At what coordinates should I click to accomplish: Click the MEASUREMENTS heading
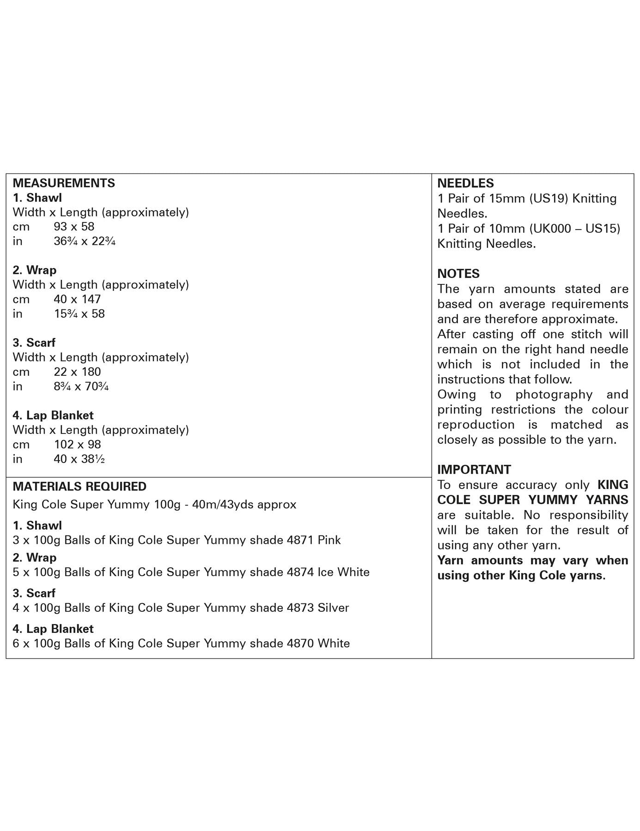pyautogui.click(x=64, y=183)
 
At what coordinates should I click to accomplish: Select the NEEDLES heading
pyautogui.click(x=465, y=183)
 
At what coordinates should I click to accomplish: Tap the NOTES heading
pyautogui.click(x=458, y=274)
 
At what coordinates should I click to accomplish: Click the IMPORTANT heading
pyautogui.click(x=474, y=470)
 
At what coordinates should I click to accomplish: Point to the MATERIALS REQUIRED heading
pyautogui.click(x=79, y=487)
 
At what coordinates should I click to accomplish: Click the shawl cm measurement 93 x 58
pyautogui.click(x=74, y=227)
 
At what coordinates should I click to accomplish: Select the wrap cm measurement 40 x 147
pyautogui.click(x=77, y=299)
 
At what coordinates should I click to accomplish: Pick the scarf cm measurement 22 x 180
pyautogui.click(x=77, y=372)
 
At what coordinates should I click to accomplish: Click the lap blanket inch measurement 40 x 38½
pyautogui.click(x=79, y=459)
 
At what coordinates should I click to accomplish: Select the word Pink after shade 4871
pyautogui.click(x=329, y=540)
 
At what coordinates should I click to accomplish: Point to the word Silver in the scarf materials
pyautogui.click(x=333, y=608)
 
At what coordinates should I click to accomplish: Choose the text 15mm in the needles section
pyautogui.click(x=506, y=199)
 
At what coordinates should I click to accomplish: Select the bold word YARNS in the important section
pyautogui.click(x=607, y=500)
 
